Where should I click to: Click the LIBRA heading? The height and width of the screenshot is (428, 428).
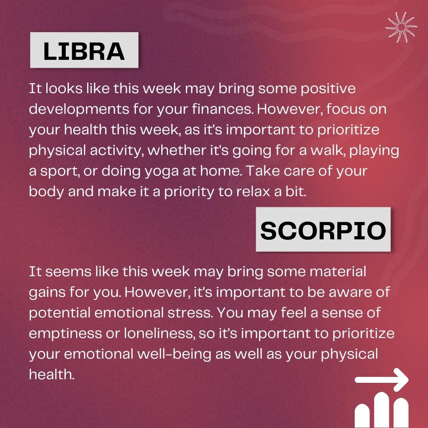pos(84,51)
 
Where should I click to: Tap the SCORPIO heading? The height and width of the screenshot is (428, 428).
pos(323,231)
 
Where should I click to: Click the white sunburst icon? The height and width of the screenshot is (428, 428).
pos(401,27)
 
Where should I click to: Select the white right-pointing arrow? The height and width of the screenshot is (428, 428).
pos(381,379)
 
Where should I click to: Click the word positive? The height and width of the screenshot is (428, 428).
pos(328,89)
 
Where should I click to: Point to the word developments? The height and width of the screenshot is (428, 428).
pos(79,109)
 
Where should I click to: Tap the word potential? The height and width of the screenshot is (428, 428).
pos(59,313)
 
